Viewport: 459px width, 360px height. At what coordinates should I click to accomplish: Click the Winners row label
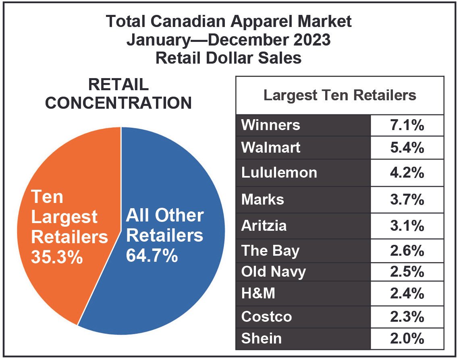(x=270, y=125)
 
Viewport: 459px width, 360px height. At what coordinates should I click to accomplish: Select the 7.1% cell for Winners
(x=407, y=125)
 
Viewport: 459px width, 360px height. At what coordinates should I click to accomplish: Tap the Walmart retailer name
(x=270, y=147)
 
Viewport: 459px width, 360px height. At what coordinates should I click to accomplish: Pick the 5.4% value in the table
(x=407, y=147)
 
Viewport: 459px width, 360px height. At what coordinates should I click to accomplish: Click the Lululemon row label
(x=279, y=172)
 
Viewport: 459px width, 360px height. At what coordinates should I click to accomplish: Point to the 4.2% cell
(x=407, y=172)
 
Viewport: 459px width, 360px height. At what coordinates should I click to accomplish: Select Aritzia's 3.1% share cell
(x=407, y=226)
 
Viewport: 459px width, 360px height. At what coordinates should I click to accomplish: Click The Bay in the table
(x=270, y=250)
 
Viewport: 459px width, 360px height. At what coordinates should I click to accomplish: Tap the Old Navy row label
(x=273, y=271)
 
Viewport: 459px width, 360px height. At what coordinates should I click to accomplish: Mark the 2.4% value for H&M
(x=407, y=294)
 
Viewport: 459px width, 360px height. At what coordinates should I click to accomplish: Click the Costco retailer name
(x=266, y=316)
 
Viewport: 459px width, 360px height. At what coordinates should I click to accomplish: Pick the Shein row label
(x=261, y=338)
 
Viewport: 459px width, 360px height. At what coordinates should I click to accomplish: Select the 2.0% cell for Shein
(x=407, y=338)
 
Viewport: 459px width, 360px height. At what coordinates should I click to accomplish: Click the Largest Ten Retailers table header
(x=339, y=95)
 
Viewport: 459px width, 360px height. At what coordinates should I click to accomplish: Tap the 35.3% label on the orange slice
(x=57, y=257)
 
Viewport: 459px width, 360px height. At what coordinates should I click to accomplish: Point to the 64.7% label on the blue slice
(x=152, y=255)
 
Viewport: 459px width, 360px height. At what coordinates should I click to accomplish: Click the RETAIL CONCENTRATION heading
(x=118, y=94)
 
